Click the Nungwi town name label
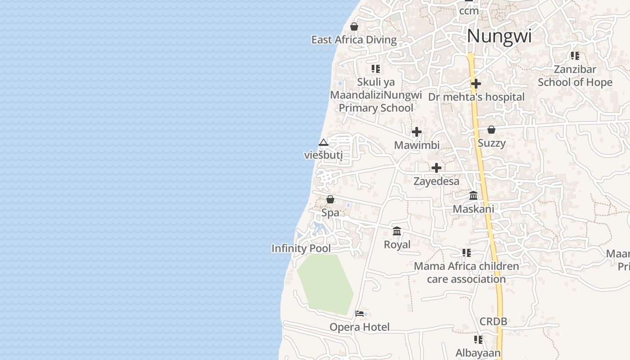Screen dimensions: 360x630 [x=499, y=36]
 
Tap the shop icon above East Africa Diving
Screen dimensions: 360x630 [x=354, y=27]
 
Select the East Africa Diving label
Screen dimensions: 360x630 [x=354, y=40]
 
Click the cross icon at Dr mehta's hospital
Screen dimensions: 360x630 [x=476, y=84]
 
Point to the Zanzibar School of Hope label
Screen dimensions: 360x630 [x=575, y=76]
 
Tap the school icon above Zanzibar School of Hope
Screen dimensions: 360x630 [x=575, y=56]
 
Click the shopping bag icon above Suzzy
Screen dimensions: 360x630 [x=491, y=130]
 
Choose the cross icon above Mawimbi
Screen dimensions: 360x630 [x=417, y=132]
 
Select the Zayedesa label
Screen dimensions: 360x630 [x=436, y=181]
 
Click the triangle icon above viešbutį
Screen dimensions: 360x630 [x=323, y=143]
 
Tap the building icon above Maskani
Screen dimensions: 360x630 [x=473, y=195]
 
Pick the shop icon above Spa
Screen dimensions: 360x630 [x=330, y=199]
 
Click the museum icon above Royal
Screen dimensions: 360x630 [x=397, y=231]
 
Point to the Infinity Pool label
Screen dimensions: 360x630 [x=301, y=248]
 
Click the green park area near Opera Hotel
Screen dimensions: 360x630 [x=325, y=283]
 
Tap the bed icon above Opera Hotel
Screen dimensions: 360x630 [x=360, y=313]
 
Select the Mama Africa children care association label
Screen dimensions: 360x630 [x=466, y=272]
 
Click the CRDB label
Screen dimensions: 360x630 [x=493, y=321]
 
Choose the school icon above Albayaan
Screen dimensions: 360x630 [x=478, y=339]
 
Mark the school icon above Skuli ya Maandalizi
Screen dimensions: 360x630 [x=376, y=69]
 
